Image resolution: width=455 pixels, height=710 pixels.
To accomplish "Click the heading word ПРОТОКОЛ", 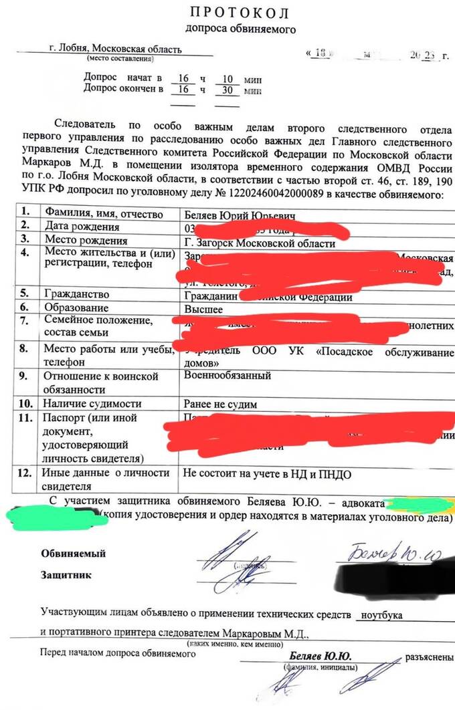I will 240,12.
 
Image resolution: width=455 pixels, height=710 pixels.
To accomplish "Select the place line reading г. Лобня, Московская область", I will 115,49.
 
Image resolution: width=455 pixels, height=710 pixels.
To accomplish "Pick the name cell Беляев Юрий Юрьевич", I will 230,215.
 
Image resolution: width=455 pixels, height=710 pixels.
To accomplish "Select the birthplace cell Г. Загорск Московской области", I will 260,243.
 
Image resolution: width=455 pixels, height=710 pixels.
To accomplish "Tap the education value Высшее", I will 203,308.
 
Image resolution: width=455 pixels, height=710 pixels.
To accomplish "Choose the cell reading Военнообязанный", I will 227,376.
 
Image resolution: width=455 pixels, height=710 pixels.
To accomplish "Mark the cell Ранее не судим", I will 220,404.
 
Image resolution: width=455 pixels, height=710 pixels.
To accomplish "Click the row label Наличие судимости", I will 92,404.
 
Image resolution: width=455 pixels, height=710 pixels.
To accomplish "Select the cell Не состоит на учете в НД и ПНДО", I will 267,474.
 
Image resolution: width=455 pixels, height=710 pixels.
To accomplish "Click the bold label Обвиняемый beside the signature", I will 73,554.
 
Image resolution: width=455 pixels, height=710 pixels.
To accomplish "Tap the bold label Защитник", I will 66,575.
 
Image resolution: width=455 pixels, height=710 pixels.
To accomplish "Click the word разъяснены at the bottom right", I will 429,657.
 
